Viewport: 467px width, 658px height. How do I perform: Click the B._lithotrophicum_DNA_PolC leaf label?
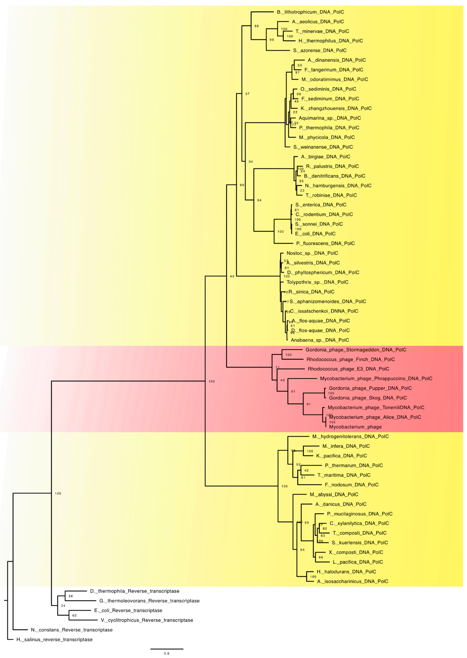310,12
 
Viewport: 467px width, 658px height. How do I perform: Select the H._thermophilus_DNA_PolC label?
330,41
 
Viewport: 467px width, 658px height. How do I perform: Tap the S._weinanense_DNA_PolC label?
323,147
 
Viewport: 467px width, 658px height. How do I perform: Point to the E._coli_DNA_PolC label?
315,234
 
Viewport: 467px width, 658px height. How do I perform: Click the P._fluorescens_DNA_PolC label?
325,243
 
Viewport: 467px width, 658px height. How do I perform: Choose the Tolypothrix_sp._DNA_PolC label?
317,282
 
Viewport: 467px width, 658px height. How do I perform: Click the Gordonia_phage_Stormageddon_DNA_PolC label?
356,350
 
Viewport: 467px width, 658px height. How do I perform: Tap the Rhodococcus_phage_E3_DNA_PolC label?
348,369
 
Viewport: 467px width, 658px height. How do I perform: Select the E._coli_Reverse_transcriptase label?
128,611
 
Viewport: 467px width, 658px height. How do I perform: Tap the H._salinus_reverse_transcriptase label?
54,640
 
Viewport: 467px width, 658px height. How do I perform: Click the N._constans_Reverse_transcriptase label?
72,630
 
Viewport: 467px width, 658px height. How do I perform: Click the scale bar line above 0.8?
167,649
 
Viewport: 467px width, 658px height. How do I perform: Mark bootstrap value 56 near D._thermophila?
71,596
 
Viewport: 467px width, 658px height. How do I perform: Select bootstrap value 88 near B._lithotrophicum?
257,26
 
